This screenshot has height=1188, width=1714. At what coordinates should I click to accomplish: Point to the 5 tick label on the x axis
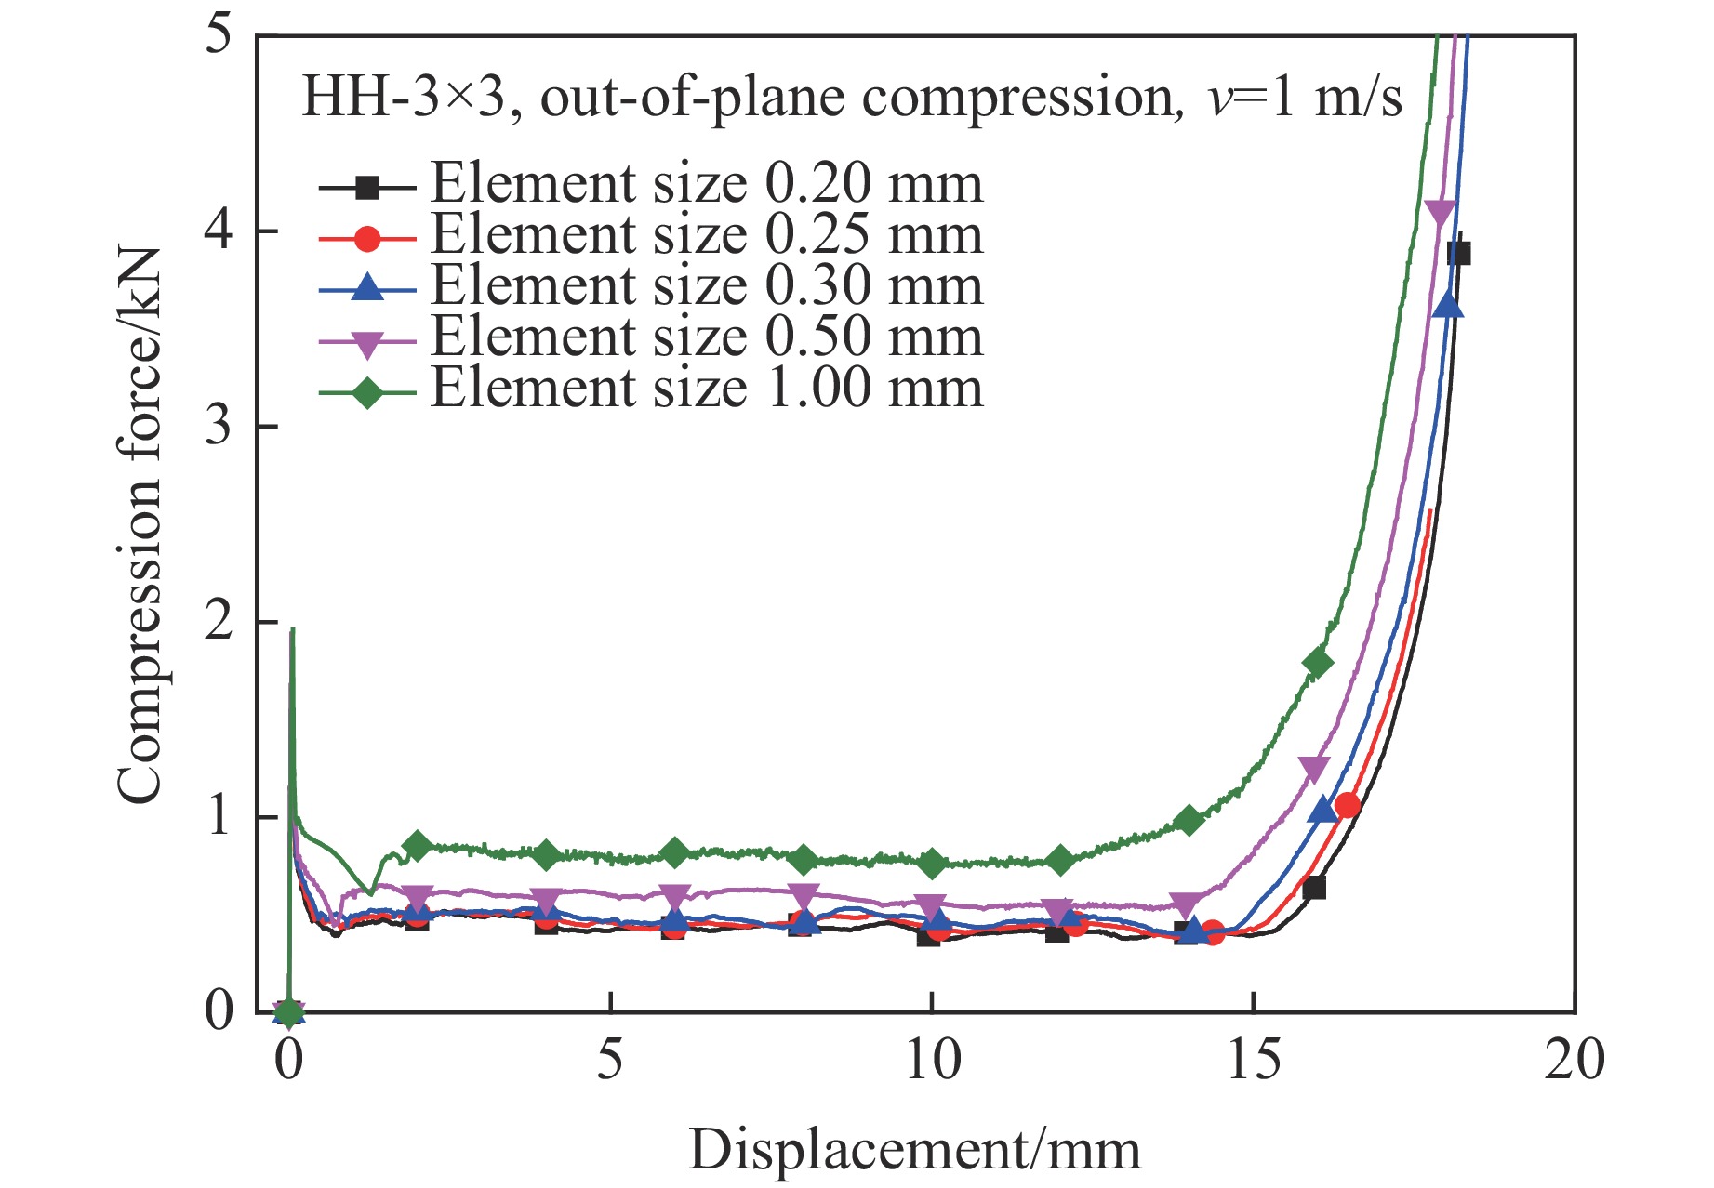pos(610,1059)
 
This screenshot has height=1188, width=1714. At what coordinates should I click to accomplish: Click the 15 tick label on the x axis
pos(1253,1059)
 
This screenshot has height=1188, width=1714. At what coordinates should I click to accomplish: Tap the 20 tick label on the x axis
pos(1574,1059)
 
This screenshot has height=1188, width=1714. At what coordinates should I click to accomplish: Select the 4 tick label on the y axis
pos(219,230)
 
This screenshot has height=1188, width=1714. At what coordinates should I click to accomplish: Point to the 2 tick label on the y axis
pos(219,620)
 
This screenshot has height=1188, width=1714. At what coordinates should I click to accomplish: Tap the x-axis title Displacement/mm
pos(914,1150)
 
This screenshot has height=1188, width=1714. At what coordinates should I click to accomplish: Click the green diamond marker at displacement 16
pos(1318,663)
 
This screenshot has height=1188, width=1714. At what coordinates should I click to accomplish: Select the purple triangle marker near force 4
pos(1440,213)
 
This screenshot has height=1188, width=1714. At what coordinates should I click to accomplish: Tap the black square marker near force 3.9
pos(1459,254)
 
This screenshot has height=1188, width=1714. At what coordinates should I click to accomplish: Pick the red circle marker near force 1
pos(1347,805)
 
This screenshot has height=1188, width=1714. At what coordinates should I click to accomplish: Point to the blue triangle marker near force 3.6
pos(1448,305)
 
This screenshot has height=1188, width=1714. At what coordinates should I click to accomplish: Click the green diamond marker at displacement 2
pos(418,846)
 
